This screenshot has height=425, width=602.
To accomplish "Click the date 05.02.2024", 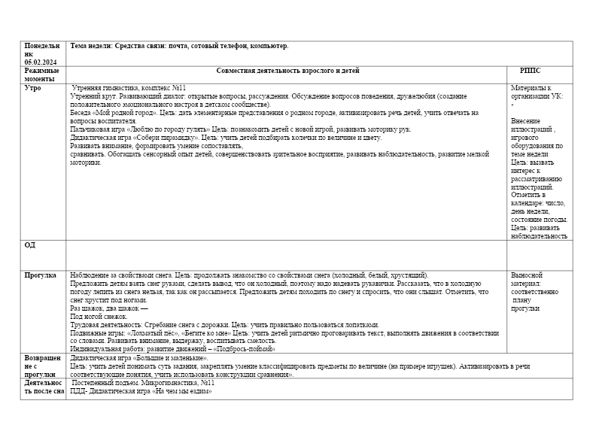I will pos(41,62).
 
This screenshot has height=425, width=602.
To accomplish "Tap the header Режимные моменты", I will pos(41,74).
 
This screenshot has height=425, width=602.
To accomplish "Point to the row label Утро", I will pos(33,88).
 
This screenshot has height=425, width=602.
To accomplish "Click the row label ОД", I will pos(30,245).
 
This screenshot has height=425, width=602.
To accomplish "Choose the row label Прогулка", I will pos(41,275).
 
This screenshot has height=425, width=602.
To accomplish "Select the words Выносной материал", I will pos(527,280).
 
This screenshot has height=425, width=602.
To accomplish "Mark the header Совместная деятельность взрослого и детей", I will pos(287,71).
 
